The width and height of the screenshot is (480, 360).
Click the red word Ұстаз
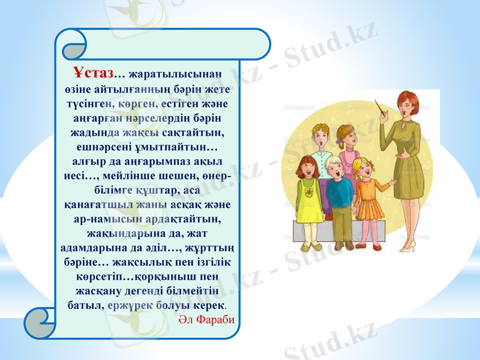pos(94,73)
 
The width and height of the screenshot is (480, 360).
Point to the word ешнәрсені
pos(103,146)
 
